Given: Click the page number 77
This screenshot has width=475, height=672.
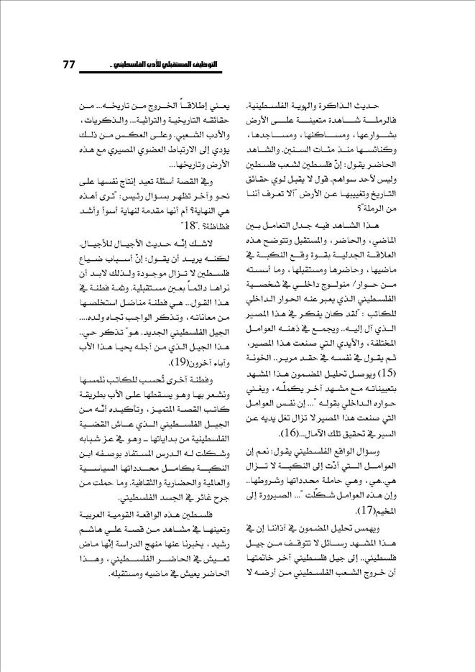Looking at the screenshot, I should [x=70, y=65].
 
